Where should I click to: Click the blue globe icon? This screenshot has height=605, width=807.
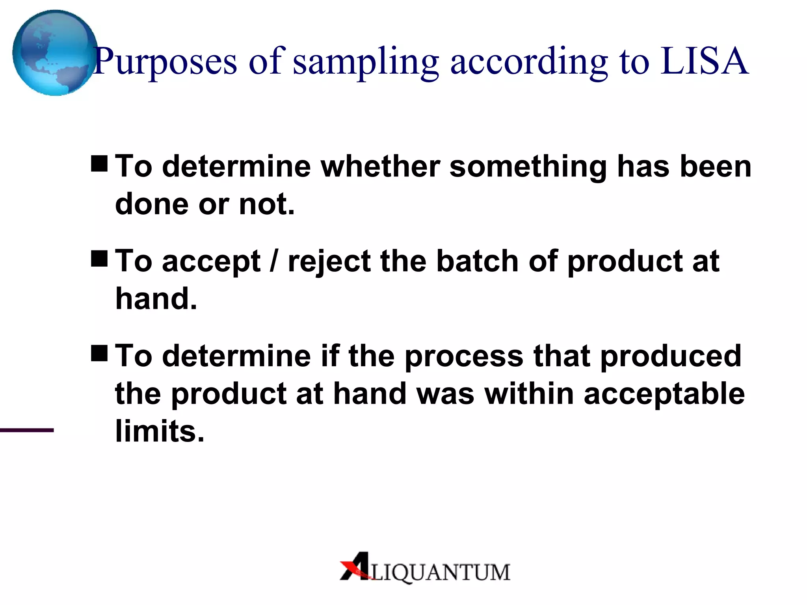point(54,53)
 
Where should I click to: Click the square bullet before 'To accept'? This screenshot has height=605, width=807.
point(99,259)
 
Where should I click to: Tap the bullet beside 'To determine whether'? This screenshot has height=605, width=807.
point(99,164)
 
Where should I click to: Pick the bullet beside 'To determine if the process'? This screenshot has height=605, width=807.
point(99,353)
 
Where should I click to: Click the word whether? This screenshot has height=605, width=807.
point(380,166)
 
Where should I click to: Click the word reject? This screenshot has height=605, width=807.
point(329,262)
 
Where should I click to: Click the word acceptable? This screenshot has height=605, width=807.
point(664,394)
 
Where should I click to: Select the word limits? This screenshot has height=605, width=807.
point(160,431)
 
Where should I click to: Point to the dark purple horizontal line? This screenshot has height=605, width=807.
point(27,430)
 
